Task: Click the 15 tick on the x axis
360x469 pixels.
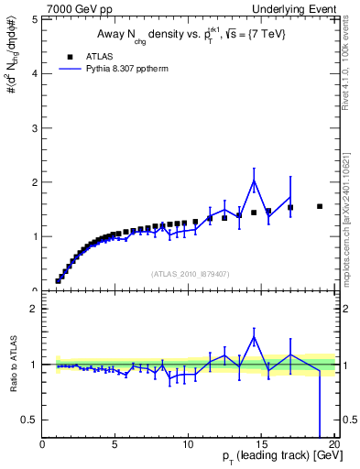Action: pos(261,444)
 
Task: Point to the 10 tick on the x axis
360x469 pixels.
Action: pos(188,444)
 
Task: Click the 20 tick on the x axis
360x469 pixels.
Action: pos(333,444)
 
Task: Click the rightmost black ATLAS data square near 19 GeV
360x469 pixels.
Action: pos(320,206)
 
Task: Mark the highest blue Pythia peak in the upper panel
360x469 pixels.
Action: pos(254,180)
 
